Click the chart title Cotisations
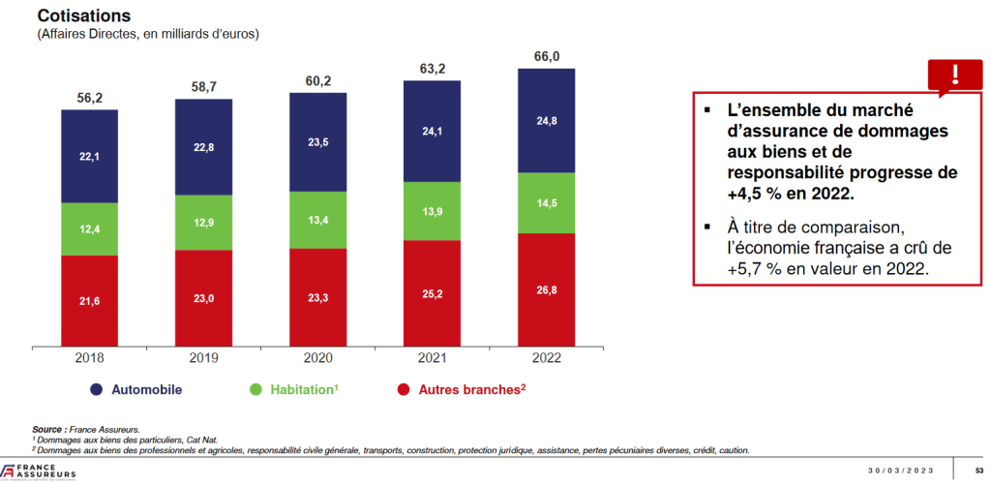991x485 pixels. click(x=83, y=16)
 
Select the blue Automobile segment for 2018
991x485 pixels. click(x=89, y=156)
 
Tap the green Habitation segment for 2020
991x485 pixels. click(x=318, y=219)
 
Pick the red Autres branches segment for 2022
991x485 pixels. click(x=546, y=290)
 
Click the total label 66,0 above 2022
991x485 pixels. click(x=547, y=57)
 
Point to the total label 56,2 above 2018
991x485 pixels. click(x=90, y=98)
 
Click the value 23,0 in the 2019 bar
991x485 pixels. click(x=203, y=300)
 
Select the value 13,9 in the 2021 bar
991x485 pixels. click(x=433, y=211)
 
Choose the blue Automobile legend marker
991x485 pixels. click(x=96, y=390)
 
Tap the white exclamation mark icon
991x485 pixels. click(x=956, y=74)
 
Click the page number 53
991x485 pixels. click(x=979, y=470)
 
